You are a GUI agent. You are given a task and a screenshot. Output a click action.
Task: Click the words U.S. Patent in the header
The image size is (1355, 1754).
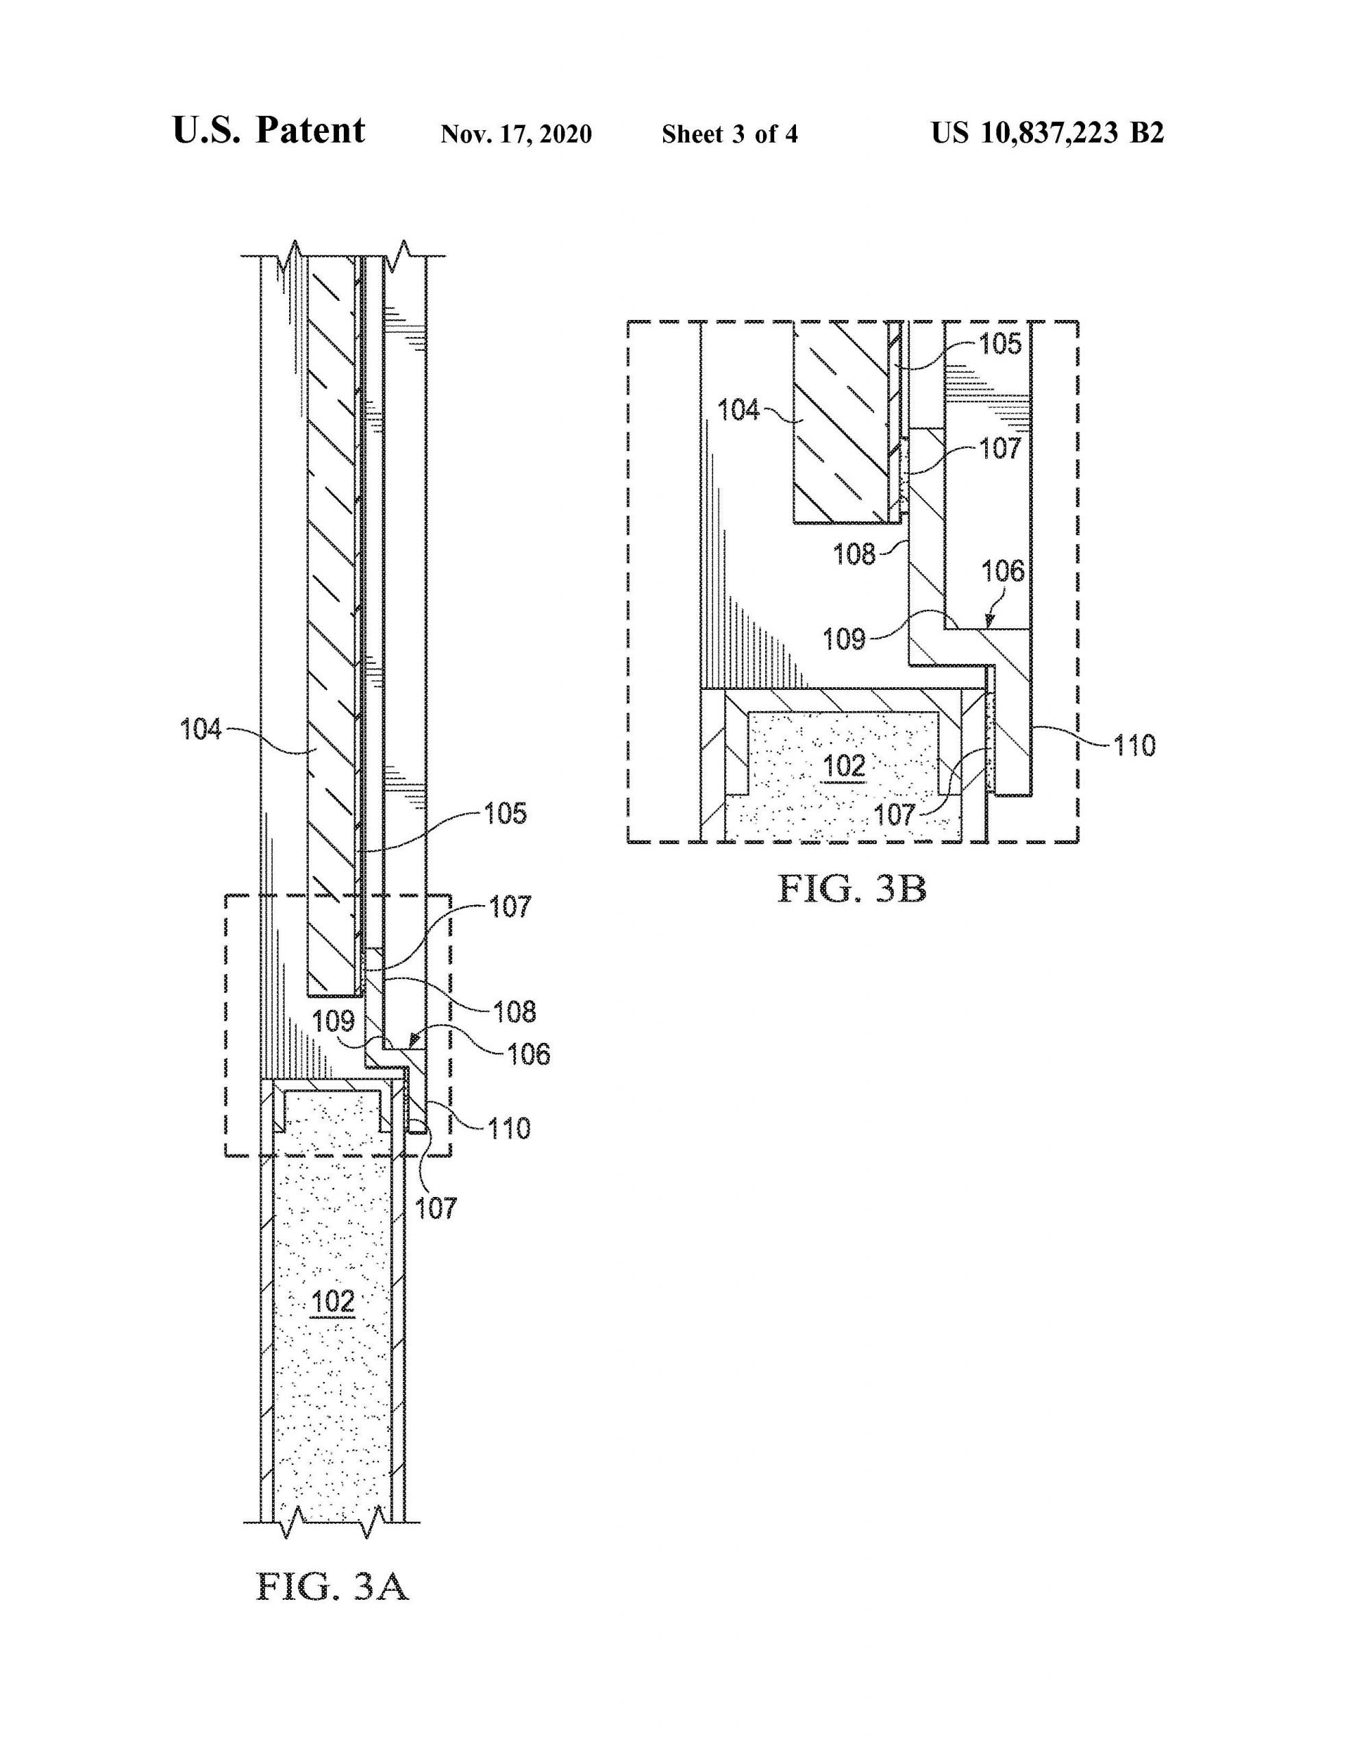(x=269, y=131)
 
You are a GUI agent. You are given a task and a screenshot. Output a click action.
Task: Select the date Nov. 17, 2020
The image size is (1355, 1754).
(x=517, y=134)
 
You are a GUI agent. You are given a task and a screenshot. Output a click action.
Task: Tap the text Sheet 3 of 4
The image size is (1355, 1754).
(x=730, y=134)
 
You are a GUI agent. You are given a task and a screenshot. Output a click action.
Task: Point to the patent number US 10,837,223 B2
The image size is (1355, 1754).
(x=1047, y=132)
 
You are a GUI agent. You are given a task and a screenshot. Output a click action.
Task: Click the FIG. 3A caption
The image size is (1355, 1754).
(x=332, y=1588)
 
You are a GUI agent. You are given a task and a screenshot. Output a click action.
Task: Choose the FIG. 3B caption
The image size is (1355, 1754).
(x=852, y=889)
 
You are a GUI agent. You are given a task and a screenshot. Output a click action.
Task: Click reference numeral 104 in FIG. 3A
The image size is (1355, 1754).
(x=201, y=730)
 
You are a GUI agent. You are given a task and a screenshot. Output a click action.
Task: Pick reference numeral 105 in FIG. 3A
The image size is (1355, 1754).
(x=505, y=813)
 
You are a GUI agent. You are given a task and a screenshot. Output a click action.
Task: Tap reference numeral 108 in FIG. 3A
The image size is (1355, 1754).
(x=515, y=1012)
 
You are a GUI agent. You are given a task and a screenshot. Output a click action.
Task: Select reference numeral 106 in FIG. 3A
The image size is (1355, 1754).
(x=529, y=1054)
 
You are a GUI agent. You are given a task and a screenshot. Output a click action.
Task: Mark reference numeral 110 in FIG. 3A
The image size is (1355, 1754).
(x=508, y=1128)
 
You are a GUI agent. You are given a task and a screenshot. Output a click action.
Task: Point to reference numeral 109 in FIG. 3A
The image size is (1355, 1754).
(x=334, y=1022)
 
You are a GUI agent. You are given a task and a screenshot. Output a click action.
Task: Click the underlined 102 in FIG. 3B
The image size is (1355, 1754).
(x=845, y=766)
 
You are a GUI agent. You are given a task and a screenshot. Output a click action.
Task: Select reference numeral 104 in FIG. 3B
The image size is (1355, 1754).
(x=738, y=410)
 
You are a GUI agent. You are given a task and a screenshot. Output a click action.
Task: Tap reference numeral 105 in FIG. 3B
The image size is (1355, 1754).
(x=1000, y=345)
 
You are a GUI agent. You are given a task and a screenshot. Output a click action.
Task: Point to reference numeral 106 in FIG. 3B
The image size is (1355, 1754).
(x=1003, y=571)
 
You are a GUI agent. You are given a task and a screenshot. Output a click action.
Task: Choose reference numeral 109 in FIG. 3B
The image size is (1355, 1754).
(x=844, y=639)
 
